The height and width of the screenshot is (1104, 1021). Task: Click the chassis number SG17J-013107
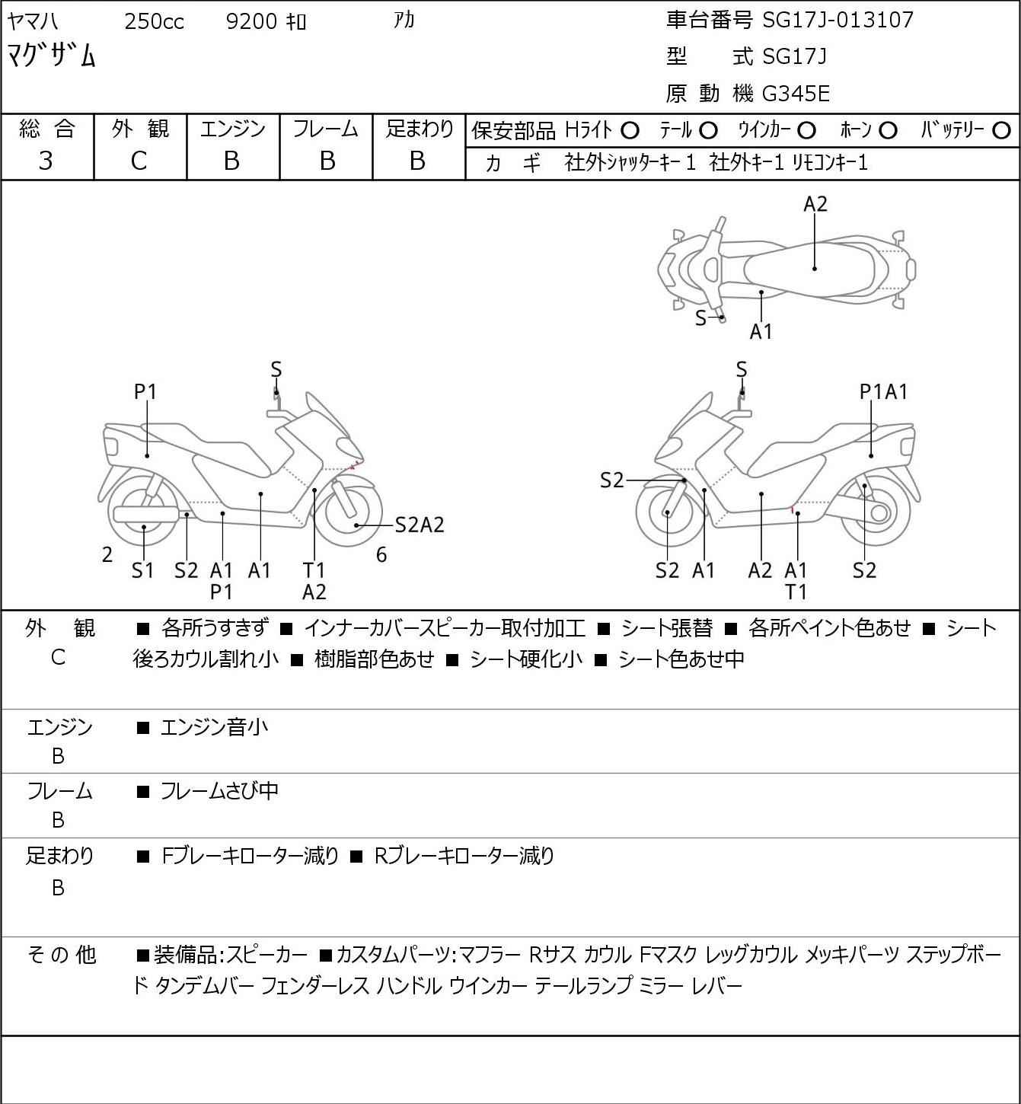tap(838, 21)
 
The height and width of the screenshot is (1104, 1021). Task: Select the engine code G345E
tap(795, 94)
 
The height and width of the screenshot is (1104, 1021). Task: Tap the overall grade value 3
tap(46, 161)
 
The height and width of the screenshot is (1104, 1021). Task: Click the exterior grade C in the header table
tap(139, 161)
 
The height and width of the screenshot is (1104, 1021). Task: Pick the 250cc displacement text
tap(154, 21)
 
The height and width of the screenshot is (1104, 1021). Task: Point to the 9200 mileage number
tap(250, 21)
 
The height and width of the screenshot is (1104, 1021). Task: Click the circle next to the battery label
tap(1000, 131)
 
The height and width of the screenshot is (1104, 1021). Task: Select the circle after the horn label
tap(888, 131)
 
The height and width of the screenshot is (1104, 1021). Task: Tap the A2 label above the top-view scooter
tap(815, 204)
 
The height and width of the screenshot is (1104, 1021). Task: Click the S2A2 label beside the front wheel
tap(420, 525)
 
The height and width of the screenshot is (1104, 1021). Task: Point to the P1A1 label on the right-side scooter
tap(883, 392)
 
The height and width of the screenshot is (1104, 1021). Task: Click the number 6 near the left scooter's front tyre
tap(381, 554)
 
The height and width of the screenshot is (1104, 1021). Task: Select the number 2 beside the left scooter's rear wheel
tap(107, 554)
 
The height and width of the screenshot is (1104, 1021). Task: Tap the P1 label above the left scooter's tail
tap(145, 392)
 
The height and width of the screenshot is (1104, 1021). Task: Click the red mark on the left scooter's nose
tap(355, 464)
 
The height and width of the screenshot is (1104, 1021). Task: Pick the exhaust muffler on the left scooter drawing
tap(146, 515)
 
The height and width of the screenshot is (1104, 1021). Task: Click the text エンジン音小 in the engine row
tap(214, 727)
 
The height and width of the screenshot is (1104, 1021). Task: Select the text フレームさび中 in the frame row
tap(219, 791)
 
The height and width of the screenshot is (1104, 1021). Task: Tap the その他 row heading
tap(62, 955)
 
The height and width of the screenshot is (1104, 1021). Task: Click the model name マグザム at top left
tap(51, 56)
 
